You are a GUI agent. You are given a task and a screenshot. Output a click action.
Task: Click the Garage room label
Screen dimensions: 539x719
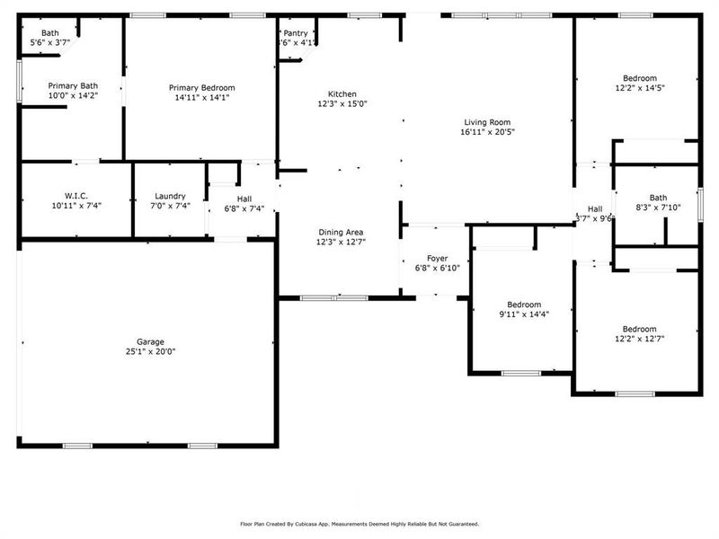(x=150, y=341)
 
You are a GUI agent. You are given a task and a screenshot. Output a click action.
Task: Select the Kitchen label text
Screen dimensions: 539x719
(x=342, y=94)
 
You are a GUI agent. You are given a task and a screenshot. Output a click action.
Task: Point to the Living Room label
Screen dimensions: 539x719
(x=487, y=122)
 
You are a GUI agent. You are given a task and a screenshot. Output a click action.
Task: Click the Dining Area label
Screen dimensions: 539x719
(x=341, y=232)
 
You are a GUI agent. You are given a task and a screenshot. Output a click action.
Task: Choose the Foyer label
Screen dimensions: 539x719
(x=437, y=259)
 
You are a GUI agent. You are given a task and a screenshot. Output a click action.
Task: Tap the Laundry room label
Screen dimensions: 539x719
(x=170, y=196)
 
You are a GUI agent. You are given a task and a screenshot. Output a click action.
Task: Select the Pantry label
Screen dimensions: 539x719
(x=296, y=33)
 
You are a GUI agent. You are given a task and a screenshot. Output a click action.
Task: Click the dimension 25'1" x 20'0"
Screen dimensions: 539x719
(x=150, y=351)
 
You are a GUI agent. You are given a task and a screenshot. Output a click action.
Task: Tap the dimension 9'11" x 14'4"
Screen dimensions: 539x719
(x=523, y=314)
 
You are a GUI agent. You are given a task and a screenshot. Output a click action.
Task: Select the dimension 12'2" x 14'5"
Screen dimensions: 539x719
(x=635, y=88)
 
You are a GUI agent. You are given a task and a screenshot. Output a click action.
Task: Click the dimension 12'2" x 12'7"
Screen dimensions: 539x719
(x=635, y=340)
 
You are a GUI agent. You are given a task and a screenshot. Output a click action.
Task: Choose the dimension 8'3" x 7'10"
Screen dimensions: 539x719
(x=659, y=208)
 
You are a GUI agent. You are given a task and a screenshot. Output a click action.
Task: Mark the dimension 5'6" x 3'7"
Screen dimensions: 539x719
(x=49, y=43)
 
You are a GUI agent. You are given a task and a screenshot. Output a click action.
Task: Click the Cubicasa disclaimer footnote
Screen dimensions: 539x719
(x=359, y=524)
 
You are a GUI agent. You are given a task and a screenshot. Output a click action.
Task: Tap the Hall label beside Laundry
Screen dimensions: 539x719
(x=244, y=199)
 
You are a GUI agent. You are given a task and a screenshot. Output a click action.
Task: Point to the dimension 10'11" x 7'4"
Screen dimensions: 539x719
(x=76, y=206)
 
